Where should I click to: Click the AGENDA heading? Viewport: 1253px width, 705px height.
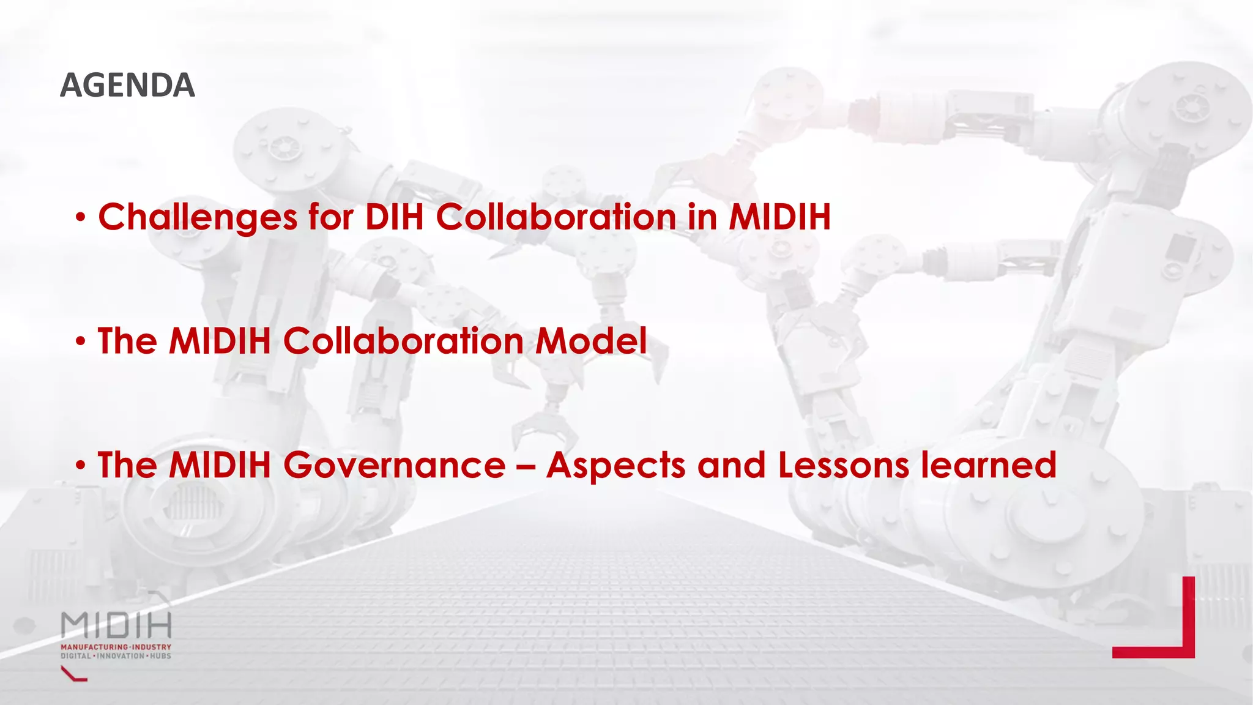[127, 85]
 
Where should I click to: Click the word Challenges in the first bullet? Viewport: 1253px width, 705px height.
[198, 218]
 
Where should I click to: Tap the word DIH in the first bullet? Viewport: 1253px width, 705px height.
[394, 217]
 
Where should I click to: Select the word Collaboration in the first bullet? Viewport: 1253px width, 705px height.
[556, 217]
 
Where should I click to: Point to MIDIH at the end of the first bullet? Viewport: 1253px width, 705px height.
[779, 217]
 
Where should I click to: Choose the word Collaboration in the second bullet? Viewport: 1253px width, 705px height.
[403, 341]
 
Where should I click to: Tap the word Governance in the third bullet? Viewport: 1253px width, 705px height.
[394, 465]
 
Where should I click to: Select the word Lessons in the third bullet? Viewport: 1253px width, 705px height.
[843, 465]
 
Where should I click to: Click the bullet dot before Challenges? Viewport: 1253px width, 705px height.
[81, 218]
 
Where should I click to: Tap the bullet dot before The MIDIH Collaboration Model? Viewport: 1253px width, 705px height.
[81, 342]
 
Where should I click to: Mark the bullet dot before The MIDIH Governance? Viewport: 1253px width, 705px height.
[81, 466]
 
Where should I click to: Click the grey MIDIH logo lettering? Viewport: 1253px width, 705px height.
[116, 625]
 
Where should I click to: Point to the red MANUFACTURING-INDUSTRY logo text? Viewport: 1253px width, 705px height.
[116, 647]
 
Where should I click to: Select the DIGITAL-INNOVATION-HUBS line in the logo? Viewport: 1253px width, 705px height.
[116, 656]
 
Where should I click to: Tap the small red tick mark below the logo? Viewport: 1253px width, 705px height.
[74, 674]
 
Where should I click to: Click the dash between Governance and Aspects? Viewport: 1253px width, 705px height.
[526, 466]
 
